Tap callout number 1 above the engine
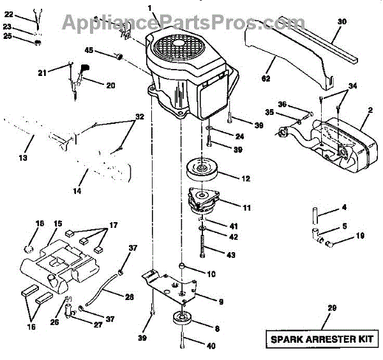point(151,8)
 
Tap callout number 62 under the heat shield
point(266,79)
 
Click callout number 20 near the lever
point(110,85)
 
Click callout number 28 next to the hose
point(130,296)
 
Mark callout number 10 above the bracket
point(211,274)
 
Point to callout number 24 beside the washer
point(239,136)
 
